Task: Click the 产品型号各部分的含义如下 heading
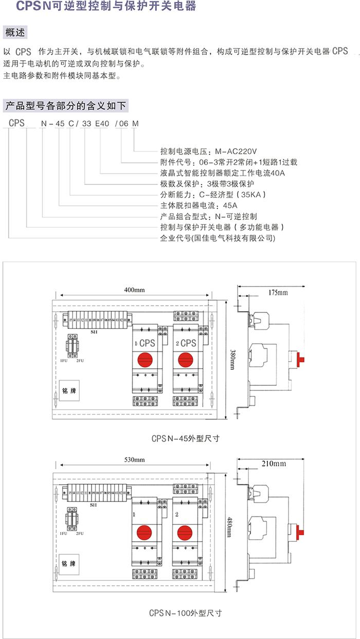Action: tap(65, 106)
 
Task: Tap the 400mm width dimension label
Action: tap(134, 290)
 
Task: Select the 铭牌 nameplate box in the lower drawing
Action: tap(68, 563)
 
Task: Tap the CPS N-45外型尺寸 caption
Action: tap(186, 439)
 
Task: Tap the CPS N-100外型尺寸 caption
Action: tap(186, 613)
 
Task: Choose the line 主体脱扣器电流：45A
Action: tap(195, 205)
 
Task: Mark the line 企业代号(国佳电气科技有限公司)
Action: tap(218, 238)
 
